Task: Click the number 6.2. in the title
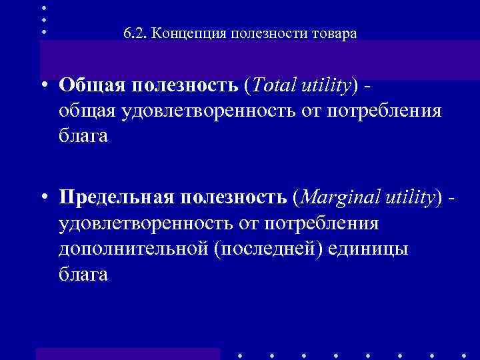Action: (135, 33)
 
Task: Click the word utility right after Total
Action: (327, 85)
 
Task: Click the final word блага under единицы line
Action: (83, 274)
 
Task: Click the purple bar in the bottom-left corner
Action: (127, 353)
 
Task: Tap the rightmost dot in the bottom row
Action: (463, 355)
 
